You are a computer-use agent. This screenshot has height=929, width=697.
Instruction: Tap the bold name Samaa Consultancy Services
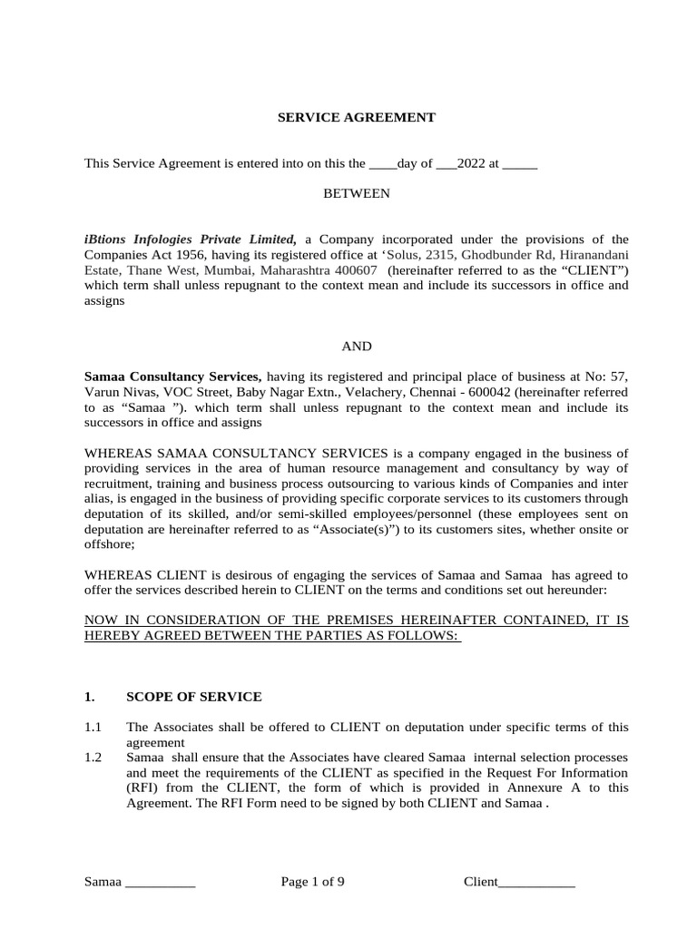point(172,376)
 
